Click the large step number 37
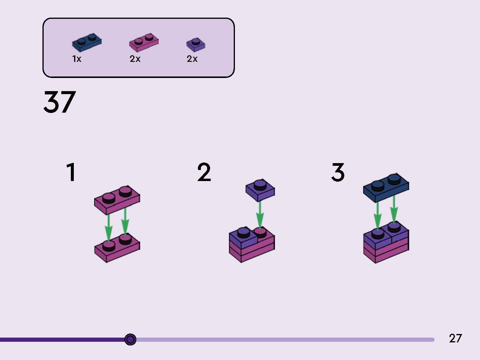tap(60, 102)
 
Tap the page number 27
tap(455, 338)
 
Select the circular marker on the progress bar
tap(130, 339)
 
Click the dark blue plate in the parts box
tap(87, 43)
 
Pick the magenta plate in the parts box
tap(144, 43)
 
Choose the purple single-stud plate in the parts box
tap(196, 45)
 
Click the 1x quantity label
tap(77, 59)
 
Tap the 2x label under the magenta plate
tap(135, 59)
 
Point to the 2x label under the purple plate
tap(192, 59)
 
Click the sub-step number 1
tap(71, 172)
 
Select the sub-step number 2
tap(204, 172)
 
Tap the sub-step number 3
tap(338, 172)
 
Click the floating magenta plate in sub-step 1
tap(117, 200)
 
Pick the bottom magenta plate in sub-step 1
tap(117, 248)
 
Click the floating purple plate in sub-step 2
tap(260, 190)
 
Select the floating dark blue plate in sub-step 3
tap(386, 188)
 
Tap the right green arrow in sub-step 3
tap(394, 209)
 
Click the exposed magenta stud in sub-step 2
tap(260, 232)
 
